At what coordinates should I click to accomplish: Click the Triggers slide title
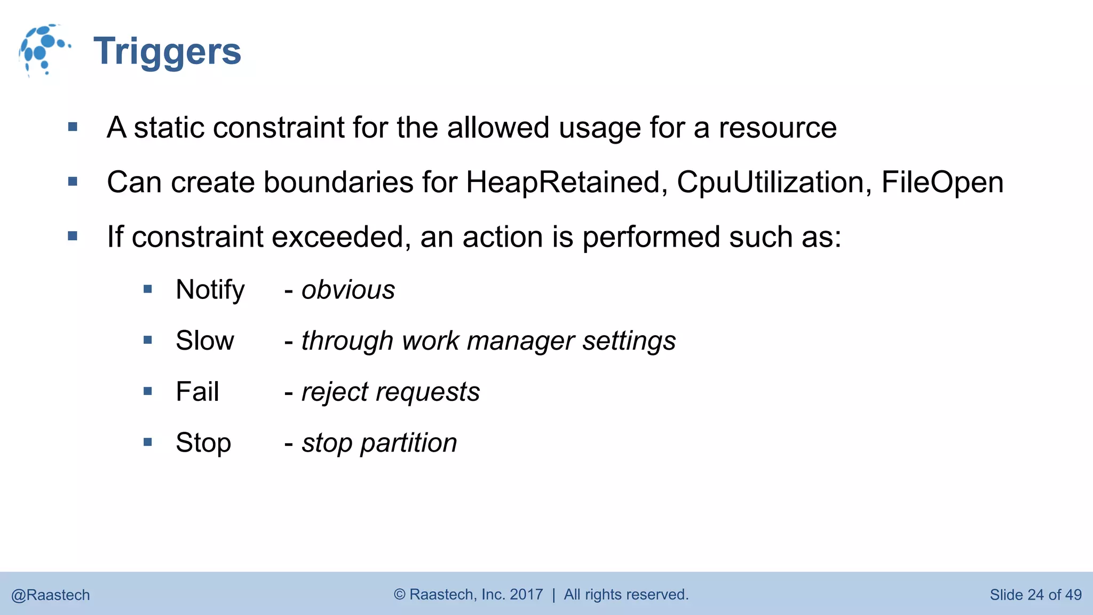pos(167,52)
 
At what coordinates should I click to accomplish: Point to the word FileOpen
pos(942,183)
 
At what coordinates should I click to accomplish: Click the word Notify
pos(210,290)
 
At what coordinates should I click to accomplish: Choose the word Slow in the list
pos(205,341)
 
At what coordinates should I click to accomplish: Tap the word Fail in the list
pos(197,392)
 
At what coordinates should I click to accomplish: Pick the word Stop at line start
pos(203,443)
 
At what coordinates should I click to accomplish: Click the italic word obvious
pos(348,290)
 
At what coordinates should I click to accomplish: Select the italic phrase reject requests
pos(391,392)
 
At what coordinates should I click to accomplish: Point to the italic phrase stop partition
pos(379,443)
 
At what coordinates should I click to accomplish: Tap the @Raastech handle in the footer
pos(51,595)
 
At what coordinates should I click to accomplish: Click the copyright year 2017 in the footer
pos(526,595)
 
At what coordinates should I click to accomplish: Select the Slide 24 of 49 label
pos(1035,595)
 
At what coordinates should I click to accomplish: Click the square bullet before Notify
pos(148,289)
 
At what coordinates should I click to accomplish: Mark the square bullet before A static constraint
pos(73,127)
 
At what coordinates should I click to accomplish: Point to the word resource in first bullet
pos(778,128)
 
